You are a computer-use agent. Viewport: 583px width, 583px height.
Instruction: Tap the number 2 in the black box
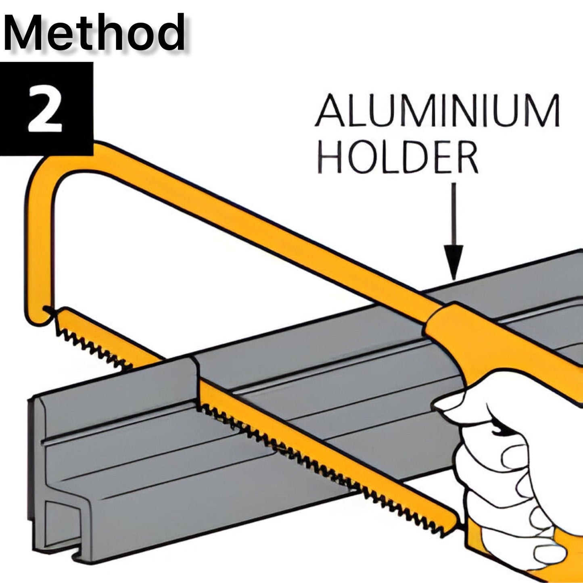pos(45,109)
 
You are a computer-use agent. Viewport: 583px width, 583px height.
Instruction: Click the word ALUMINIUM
pos(438,111)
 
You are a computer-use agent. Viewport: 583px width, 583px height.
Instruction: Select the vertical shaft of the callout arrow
pos(455,214)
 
